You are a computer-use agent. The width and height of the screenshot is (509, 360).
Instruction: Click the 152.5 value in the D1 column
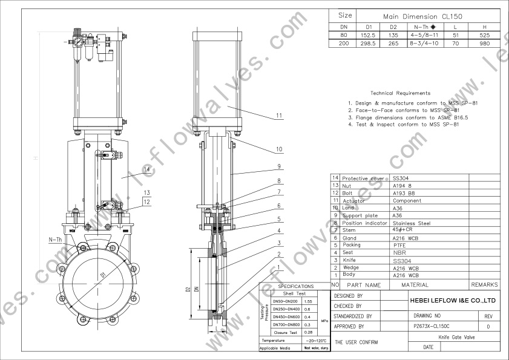tap(364, 35)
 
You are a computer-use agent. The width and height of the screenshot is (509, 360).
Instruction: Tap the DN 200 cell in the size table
tap(344, 44)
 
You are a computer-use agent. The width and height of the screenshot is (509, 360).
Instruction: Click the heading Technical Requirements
tap(400, 93)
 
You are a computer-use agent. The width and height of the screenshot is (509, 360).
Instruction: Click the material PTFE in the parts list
tap(399, 245)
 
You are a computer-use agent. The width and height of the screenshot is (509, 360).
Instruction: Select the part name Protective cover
tap(363, 178)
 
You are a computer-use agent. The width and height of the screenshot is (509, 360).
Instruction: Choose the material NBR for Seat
tap(399, 252)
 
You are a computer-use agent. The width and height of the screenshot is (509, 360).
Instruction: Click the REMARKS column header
tap(484, 284)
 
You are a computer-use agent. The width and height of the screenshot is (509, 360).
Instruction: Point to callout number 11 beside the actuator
tap(279, 116)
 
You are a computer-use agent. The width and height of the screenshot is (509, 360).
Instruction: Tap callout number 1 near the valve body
tap(279, 266)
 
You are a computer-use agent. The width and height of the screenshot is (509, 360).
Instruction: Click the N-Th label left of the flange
tap(55, 240)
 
